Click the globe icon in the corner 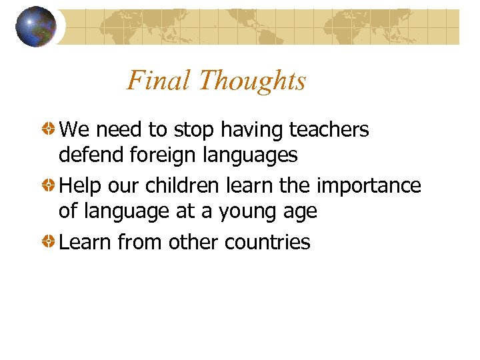point(36,27)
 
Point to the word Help point(79,186)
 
